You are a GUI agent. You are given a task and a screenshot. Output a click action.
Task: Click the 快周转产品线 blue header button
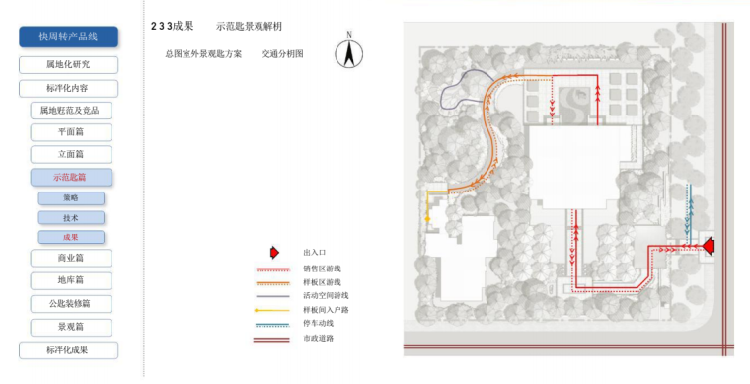(68, 37)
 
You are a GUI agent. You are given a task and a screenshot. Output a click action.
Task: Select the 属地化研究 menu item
(68, 65)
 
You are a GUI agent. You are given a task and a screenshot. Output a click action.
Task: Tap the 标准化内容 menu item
(68, 88)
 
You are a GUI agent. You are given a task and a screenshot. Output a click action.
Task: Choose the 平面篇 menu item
(70, 132)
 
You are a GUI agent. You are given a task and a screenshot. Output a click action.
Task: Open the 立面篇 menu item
(70, 154)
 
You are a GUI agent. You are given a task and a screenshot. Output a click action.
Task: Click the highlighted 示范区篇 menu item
(70, 178)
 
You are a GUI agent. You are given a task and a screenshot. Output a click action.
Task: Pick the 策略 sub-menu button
(71, 198)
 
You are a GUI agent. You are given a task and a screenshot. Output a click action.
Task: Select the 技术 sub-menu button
(71, 217)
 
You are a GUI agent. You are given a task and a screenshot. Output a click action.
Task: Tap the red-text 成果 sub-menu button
(71, 237)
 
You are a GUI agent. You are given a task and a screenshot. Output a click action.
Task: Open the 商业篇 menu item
(70, 259)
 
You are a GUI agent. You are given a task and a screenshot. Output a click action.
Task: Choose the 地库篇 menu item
(70, 280)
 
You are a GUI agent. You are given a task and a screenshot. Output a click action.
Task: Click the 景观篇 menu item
(70, 326)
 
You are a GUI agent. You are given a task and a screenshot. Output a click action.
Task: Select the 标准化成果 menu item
(68, 349)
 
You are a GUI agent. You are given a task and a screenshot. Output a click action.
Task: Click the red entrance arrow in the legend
(274, 253)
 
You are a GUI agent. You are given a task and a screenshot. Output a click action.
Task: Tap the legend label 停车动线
(321, 323)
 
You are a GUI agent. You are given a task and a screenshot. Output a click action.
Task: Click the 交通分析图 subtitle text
(282, 54)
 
